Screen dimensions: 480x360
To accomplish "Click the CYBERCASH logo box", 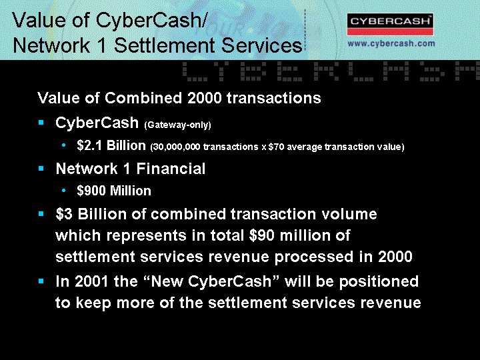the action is pos(390,24).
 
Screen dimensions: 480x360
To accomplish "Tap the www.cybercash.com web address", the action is pos(391,43).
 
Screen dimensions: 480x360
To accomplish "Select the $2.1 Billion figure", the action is pos(111,145).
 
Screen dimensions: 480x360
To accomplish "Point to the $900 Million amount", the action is pos(114,191).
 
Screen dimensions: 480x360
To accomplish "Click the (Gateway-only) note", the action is pos(177,125).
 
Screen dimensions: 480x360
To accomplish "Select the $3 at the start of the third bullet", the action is pos(64,214).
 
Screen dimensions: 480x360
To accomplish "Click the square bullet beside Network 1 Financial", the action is pos(41,169).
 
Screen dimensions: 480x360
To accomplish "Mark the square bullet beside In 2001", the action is pos(41,281).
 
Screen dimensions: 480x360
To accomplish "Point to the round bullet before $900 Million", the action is pos(64,191).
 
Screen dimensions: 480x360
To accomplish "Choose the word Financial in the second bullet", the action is pos(171,169).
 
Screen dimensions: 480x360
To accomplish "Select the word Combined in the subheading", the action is pos(143,98).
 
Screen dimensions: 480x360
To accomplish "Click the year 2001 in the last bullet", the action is pos(91,281).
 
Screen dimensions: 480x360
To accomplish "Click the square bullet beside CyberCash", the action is pos(41,123).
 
